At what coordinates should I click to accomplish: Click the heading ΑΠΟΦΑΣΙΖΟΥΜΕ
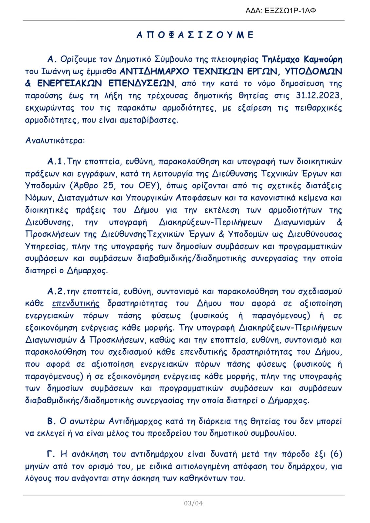tap(195, 35)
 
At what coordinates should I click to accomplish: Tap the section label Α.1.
tap(56, 161)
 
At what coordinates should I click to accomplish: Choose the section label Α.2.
tap(56, 292)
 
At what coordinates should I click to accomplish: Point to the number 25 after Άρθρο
tap(108, 186)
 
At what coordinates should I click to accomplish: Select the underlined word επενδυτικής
tap(76, 304)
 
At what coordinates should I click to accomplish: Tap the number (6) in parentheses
tap(336, 454)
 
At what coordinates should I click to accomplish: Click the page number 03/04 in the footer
tap(193, 503)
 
